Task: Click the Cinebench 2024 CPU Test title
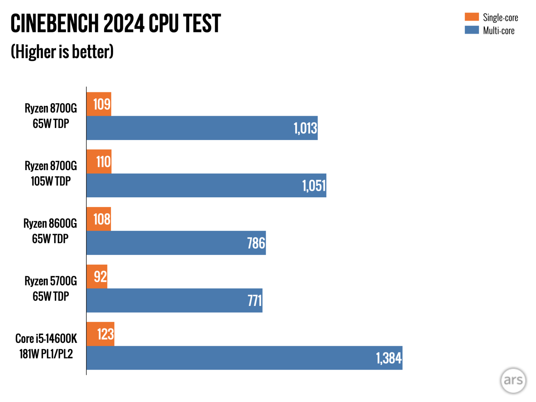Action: coord(116,23)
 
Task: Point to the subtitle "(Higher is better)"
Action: coord(62,52)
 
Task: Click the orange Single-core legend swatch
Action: coord(472,17)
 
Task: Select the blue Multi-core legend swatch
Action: coord(472,30)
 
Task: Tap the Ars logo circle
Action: coord(513,380)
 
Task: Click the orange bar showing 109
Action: coord(99,104)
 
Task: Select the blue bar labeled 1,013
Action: coord(202,128)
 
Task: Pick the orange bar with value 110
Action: coord(99,162)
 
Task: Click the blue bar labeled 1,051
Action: coord(206,185)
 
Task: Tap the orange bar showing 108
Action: coord(99,219)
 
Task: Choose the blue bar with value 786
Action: coord(176,243)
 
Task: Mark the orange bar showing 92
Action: coord(97,277)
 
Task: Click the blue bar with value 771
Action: coord(175,300)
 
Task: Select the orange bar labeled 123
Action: coord(100,334)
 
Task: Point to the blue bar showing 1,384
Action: coord(244,358)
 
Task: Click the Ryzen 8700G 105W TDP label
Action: coord(51,173)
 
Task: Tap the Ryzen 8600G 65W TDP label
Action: coord(50,231)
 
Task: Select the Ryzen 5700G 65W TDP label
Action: coord(51,288)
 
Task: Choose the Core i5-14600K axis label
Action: coord(46,346)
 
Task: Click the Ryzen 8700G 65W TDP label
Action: coord(51,116)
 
